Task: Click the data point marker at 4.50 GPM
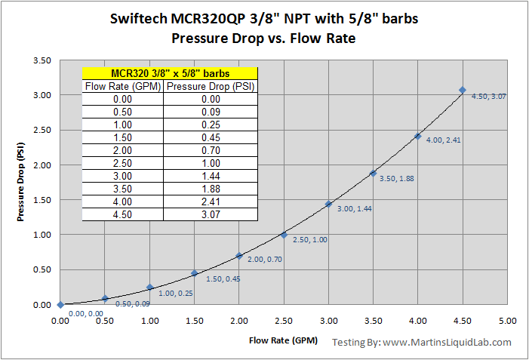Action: [463, 91]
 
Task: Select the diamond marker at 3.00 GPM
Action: [328, 204]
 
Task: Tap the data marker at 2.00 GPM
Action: [239, 256]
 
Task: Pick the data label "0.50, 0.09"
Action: [131, 303]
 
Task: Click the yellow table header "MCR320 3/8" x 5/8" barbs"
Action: [170, 73]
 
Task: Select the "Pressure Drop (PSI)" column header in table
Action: [211, 86]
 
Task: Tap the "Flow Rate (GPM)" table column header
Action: [122, 86]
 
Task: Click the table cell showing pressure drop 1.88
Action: [211, 189]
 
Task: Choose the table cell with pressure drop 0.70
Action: [211, 150]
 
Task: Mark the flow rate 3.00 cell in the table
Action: [122, 176]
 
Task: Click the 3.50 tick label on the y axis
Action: [42, 60]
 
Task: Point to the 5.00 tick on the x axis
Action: [507, 321]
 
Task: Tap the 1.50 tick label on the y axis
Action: [42, 200]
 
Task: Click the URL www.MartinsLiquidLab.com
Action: [447, 343]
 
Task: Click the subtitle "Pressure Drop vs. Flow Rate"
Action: [263, 38]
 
